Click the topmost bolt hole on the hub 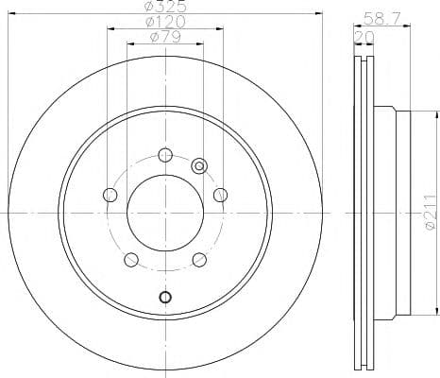165,155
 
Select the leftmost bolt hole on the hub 110,196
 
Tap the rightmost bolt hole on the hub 220,195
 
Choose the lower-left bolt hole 131,260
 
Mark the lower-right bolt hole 199,260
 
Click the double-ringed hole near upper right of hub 199,165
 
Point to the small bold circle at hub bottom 165,299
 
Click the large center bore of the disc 165,214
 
